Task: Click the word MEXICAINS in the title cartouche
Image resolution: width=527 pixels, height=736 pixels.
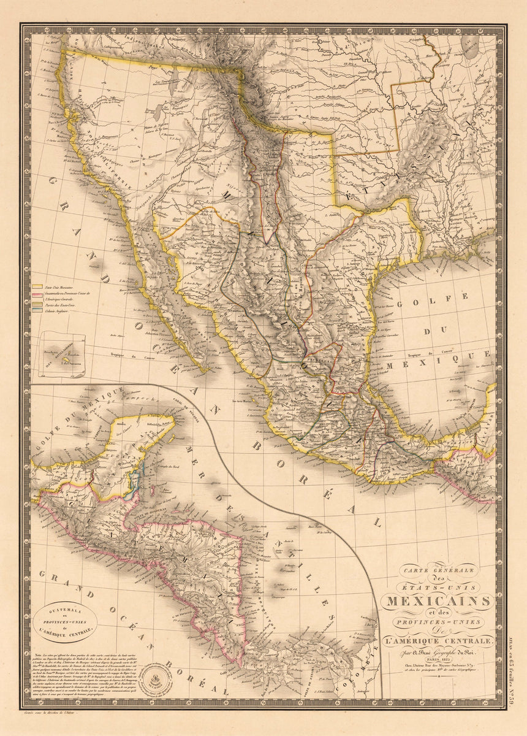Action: [437, 599]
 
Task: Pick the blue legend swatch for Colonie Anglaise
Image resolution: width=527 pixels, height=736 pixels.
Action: [37, 311]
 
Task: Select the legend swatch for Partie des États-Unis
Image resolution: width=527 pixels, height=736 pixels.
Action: [37, 303]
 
